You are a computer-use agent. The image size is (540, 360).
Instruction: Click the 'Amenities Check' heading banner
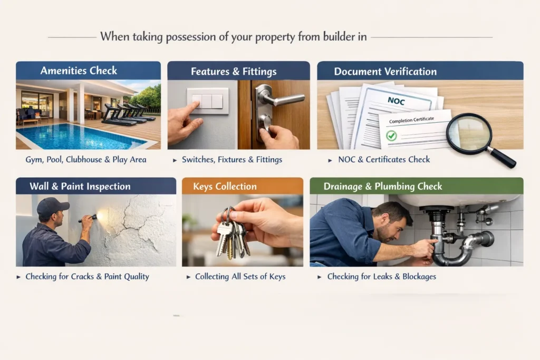click(79, 71)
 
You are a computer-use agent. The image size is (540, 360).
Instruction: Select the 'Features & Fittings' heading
click(234, 71)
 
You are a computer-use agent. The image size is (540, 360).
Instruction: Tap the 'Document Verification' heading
click(385, 71)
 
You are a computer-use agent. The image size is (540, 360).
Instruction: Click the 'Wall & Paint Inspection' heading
click(73, 187)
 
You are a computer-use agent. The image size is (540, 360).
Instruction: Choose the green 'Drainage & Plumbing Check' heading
click(383, 187)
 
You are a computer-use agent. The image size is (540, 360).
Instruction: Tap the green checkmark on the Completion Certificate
click(391, 136)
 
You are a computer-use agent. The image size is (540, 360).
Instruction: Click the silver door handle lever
click(279, 99)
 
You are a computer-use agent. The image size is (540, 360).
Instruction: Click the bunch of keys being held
click(232, 235)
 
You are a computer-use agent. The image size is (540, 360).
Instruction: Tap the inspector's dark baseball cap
click(52, 206)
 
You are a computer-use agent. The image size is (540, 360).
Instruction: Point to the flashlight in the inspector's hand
click(89, 217)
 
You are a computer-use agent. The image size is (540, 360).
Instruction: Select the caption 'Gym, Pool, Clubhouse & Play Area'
click(86, 160)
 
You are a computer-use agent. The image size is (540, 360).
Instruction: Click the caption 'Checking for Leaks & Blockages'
click(381, 277)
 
